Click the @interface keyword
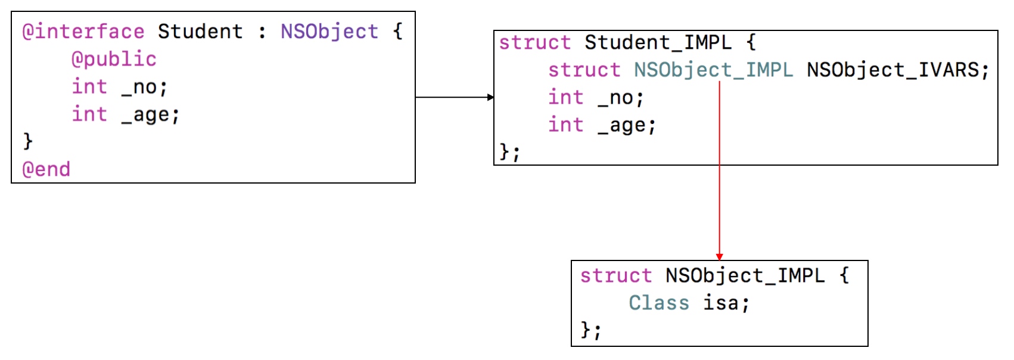83,32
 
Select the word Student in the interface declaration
200,32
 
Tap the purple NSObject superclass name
329,32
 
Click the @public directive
114,59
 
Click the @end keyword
46,170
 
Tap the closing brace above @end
27,141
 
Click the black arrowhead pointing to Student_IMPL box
490,97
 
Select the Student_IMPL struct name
658,43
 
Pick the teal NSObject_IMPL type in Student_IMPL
713,70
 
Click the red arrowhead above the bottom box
719,257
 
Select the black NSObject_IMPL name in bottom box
745,276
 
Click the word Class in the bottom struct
659,303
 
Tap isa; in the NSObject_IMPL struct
726,303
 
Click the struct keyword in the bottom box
616,276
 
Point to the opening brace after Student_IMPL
751,43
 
